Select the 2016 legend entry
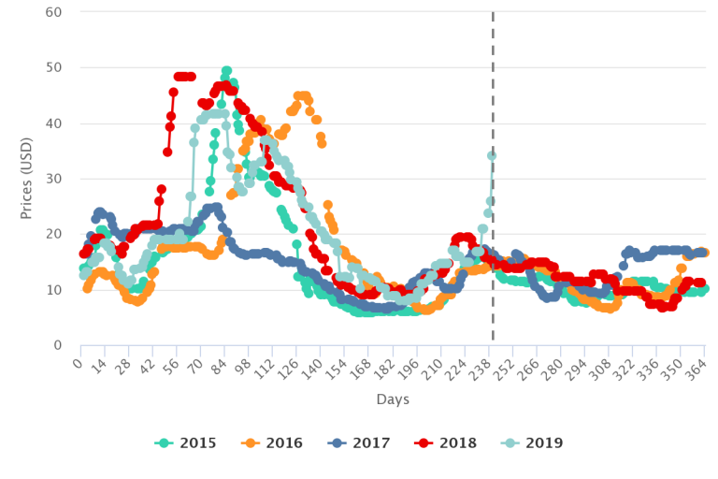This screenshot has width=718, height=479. click(x=274, y=443)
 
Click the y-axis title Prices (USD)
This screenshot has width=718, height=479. click(x=26, y=178)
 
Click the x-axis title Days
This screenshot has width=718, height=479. click(x=393, y=399)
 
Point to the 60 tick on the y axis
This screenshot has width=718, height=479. click(x=54, y=12)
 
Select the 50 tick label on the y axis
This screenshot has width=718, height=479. click(x=54, y=67)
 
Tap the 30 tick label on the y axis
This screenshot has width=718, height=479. click(x=54, y=179)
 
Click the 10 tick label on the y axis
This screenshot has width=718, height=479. click(x=54, y=290)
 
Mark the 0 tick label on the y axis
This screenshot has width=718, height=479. click(x=58, y=345)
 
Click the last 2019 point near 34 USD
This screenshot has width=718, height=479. click(x=492, y=156)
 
